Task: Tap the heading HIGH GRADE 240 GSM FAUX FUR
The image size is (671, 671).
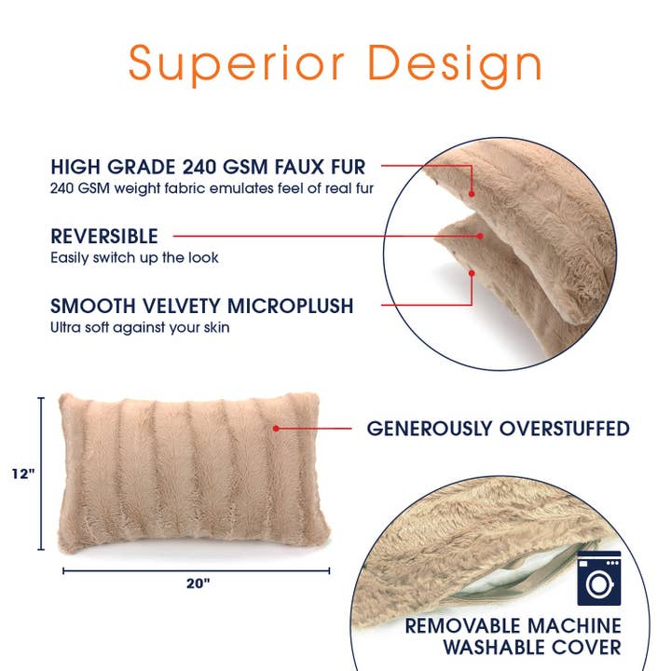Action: [208, 168]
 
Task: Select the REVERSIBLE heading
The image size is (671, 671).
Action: [104, 237]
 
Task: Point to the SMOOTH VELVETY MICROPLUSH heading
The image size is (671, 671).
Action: [202, 307]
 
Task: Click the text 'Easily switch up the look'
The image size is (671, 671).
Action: [134, 257]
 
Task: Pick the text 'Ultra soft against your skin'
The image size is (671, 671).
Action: [140, 327]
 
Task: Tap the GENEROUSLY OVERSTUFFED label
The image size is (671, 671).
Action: [498, 429]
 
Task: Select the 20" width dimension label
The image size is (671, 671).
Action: [197, 585]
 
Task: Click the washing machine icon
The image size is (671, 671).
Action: [598, 578]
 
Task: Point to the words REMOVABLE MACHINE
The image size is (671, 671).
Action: [513, 625]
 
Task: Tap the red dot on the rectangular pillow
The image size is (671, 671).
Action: [276, 429]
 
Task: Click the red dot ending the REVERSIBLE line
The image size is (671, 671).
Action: [480, 237]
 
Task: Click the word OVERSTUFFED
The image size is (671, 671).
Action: [565, 429]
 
